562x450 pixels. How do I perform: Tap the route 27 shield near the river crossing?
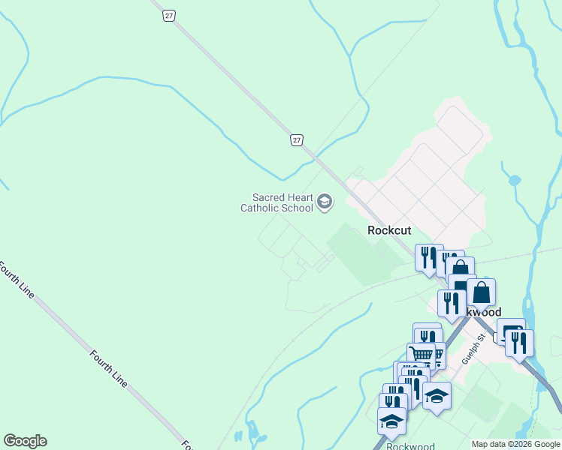(298, 139)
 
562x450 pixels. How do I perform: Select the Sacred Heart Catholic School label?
(276, 202)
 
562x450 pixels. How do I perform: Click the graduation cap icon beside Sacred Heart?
(325, 201)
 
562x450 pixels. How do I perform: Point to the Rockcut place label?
(388, 230)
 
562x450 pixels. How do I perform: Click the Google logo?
(25, 441)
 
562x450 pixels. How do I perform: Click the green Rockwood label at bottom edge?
(406, 445)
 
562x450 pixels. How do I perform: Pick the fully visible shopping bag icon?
(481, 292)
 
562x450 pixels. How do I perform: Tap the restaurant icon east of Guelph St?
(519, 343)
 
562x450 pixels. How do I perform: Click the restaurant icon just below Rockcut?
(428, 257)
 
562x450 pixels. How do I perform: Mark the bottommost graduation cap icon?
(391, 421)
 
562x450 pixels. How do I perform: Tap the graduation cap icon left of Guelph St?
(436, 395)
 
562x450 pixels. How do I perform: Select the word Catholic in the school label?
(260, 208)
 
